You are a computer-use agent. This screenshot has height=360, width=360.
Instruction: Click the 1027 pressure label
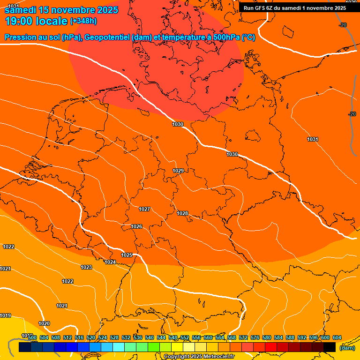(144, 209)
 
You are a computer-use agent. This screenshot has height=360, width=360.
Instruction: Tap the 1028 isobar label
(182, 213)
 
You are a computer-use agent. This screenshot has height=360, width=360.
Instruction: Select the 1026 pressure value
(136, 226)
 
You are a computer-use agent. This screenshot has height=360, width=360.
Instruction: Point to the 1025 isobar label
(127, 255)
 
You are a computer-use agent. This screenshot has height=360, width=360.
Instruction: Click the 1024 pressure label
(110, 262)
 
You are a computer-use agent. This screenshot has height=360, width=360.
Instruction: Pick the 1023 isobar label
(86, 267)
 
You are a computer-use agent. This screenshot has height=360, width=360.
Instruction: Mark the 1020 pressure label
(44, 323)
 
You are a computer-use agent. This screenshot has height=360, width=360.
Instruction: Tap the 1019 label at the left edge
(5, 315)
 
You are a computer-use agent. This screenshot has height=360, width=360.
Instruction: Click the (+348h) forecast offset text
(83, 21)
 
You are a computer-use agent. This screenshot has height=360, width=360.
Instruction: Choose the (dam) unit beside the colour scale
(347, 348)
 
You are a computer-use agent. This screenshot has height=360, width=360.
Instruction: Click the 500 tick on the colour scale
(32, 337)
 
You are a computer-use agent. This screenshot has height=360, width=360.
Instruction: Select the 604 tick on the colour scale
(337, 337)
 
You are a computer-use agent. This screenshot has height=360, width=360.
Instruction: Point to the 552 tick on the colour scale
(185, 337)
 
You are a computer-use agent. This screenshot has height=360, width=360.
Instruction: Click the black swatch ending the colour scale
(330, 347)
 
